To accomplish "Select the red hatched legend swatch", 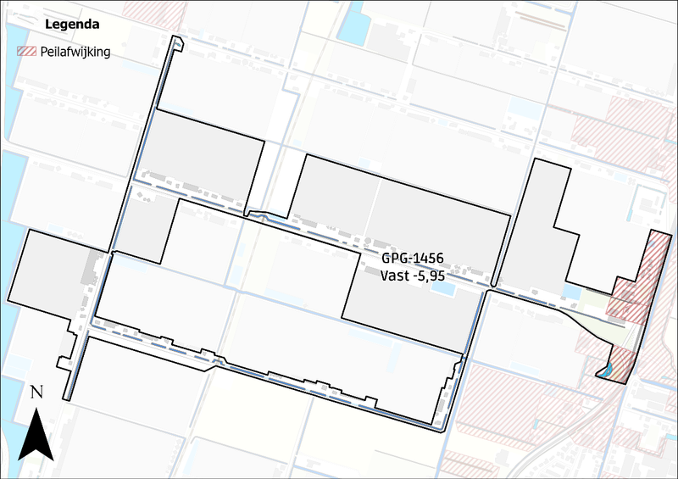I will click(29, 52).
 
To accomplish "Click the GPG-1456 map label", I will click(413, 258).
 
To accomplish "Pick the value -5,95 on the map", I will click(431, 275).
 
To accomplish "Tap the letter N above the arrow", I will click(36, 392).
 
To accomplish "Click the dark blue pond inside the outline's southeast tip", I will click(607, 370).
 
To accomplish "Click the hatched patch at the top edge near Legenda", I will click(155, 10).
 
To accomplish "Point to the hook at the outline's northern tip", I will click(177, 43).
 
